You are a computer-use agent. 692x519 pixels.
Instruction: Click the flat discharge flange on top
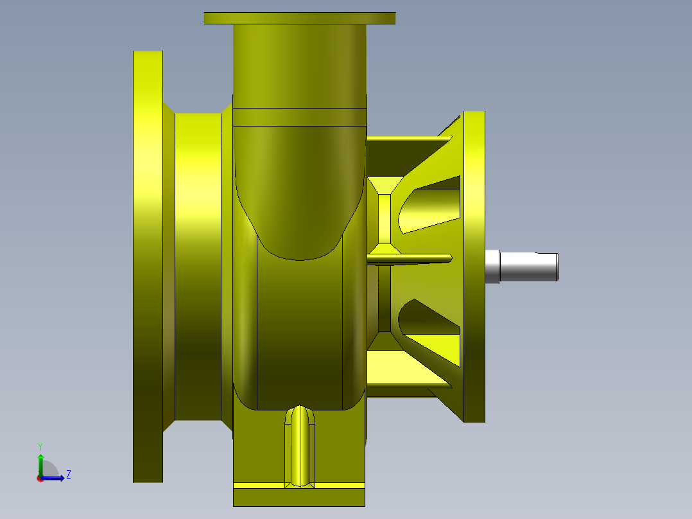300,18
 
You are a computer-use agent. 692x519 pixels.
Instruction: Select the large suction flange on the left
148,267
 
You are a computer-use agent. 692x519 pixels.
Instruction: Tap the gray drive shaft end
530,267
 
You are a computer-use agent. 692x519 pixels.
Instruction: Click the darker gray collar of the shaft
492,267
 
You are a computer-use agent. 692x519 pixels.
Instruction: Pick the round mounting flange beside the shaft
474,267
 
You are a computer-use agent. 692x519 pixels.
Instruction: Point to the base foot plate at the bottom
298,497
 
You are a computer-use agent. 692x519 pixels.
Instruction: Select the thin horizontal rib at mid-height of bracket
411,258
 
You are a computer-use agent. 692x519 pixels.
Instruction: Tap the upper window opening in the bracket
430,204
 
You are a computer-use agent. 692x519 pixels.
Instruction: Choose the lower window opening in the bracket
430,321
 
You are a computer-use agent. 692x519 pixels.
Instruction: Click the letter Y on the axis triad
40,446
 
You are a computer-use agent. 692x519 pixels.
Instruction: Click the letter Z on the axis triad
68,475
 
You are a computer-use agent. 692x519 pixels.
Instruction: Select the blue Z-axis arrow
55,478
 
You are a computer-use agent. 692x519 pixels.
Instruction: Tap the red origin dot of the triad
40,479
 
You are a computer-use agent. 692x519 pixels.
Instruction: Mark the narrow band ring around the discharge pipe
300,117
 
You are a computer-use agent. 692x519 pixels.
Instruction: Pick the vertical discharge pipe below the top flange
300,64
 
